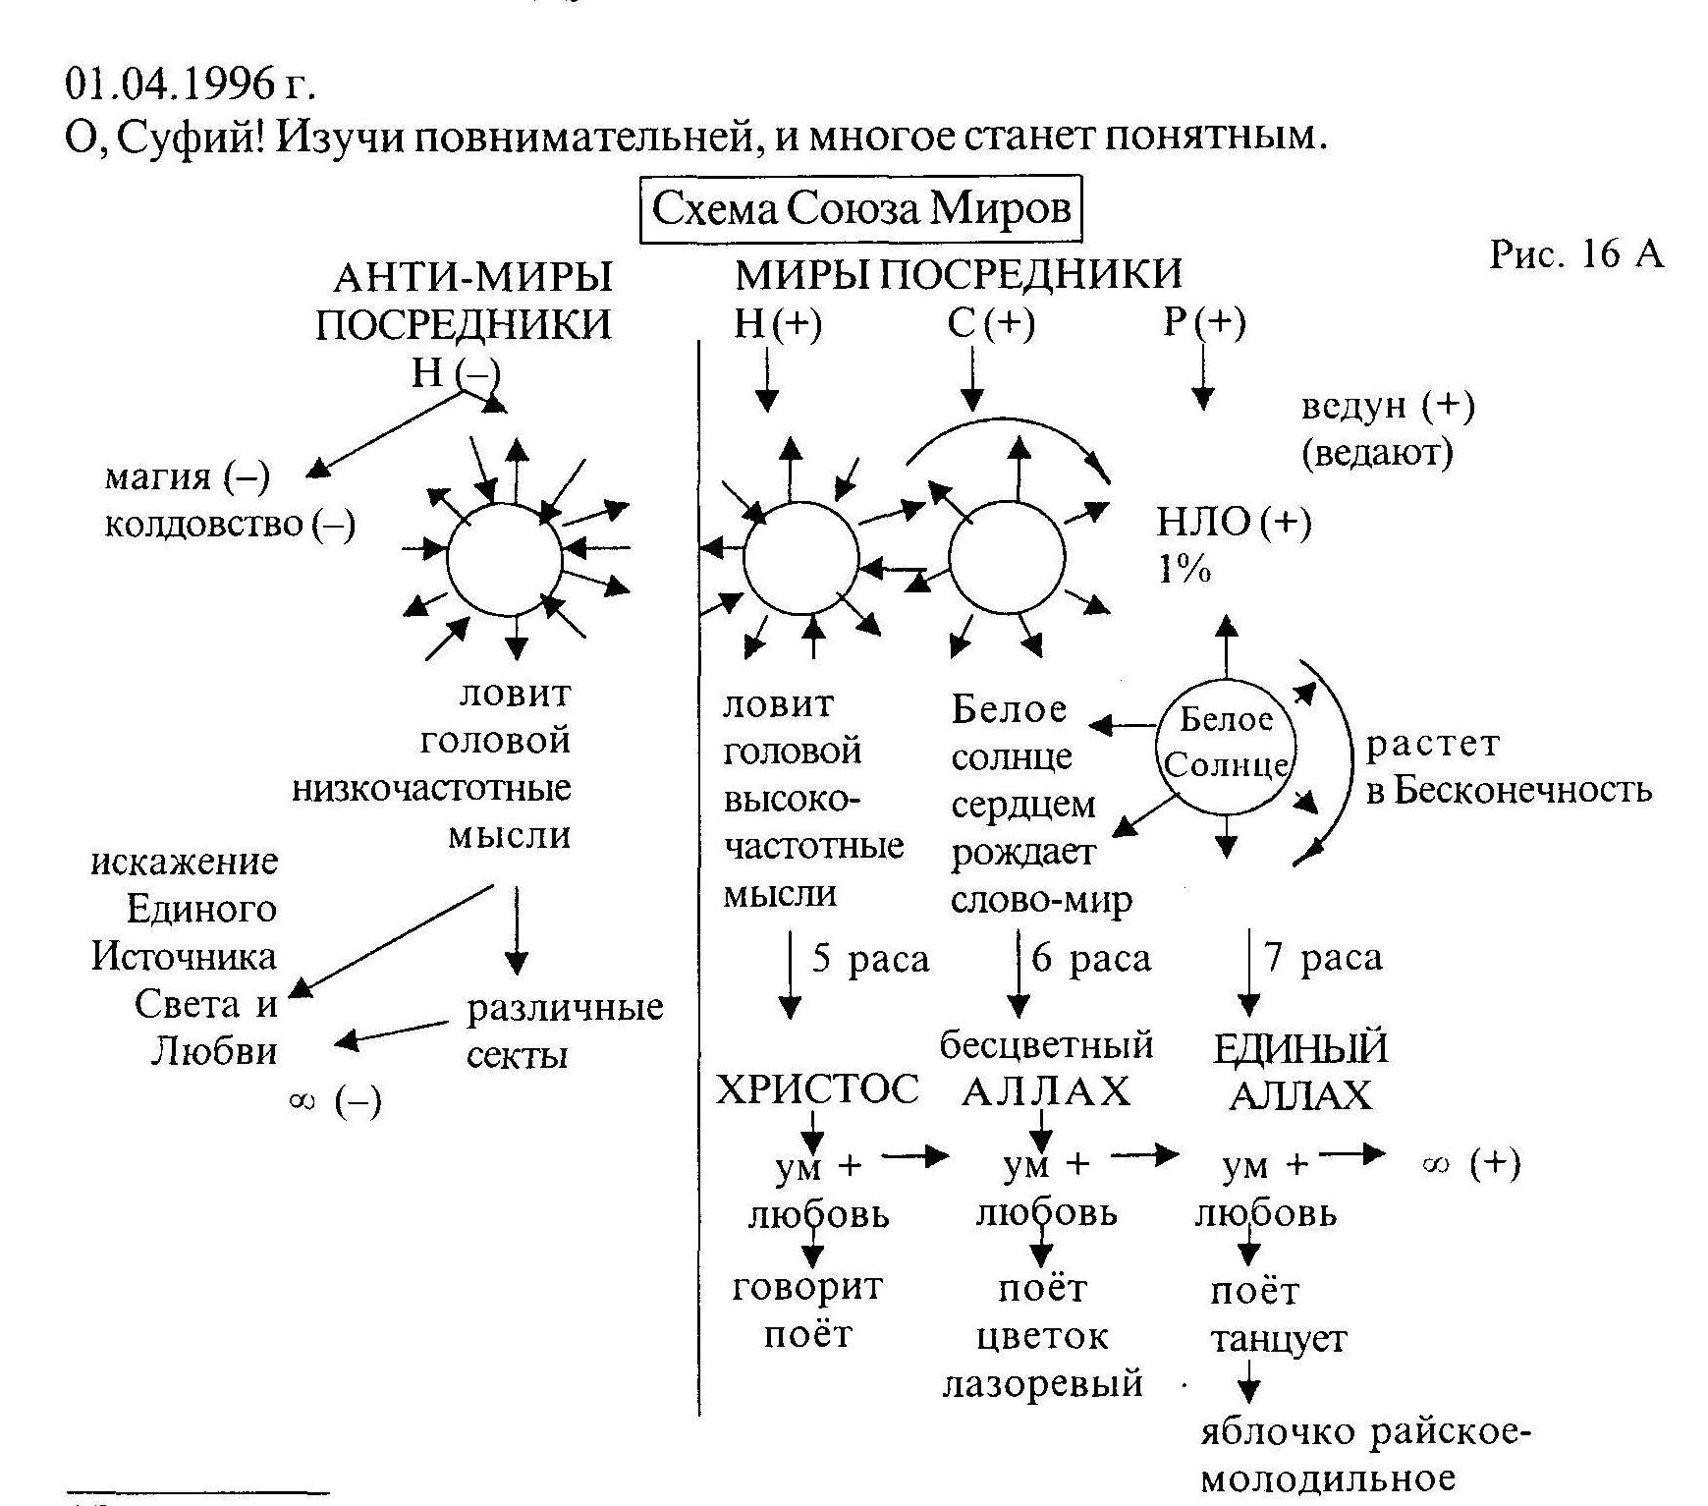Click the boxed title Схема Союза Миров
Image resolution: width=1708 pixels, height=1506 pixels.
(860, 208)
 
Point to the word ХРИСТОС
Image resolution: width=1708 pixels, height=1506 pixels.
(817, 1088)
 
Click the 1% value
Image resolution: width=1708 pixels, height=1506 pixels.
(1185, 570)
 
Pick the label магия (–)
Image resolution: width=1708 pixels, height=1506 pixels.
(187, 477)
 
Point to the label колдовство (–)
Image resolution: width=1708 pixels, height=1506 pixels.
(230, 525)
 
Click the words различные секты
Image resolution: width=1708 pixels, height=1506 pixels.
(565, 1032)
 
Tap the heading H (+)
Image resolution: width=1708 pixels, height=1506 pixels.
(778, 323)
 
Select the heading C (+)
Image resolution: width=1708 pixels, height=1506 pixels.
(991, 323)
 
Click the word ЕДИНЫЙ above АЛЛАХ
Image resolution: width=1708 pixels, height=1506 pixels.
(1300, 1049)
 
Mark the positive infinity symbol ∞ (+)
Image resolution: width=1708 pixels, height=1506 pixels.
(1470, 1164)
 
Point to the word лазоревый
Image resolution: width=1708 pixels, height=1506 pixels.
(1043, 1383)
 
